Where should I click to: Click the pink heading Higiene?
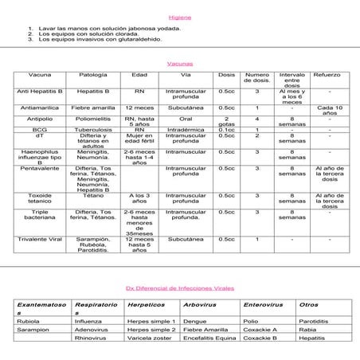click(180, 17)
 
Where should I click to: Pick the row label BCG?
click(39, 129)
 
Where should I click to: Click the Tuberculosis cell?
click(93, 129)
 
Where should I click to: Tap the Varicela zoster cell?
click(149, 338)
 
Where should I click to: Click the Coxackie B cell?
click(260, 338)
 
